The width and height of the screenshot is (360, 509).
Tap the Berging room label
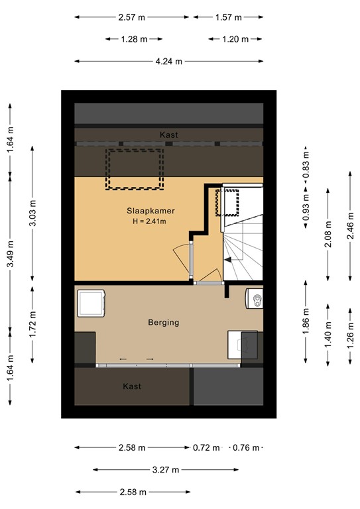(x=164, y=322)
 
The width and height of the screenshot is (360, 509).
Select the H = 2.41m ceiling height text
(x=149, y=221)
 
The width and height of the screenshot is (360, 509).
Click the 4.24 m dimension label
(x=169, y=61)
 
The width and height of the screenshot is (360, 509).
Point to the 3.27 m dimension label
(x=166, y=469)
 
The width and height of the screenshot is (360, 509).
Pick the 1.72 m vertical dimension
(x=32, y=324)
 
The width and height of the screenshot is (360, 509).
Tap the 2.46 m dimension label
(x=350, y=226)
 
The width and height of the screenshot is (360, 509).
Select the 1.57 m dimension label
(x=229, y=17)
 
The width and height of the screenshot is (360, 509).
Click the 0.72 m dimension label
(x=206, y=447)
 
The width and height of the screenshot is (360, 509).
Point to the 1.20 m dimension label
(x=235, y=39)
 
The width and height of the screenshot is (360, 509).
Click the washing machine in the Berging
(x=91, y=303)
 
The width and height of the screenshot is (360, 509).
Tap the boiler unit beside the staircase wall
(x=254, y=298)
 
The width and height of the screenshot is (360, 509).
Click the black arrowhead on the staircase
(x=228, y=260)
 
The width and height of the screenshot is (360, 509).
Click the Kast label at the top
(x=169, y=135)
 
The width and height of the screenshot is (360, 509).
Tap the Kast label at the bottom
(x=132, y=386)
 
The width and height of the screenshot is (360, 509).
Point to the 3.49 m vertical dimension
(x=10, y=254)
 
